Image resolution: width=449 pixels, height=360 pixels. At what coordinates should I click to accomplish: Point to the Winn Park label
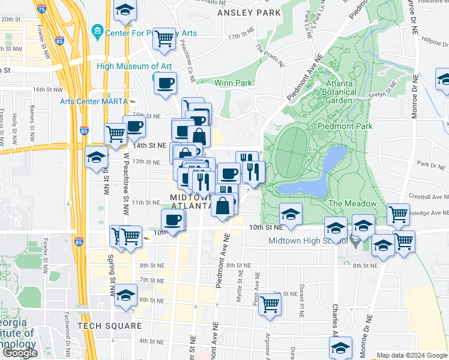click(215, 83)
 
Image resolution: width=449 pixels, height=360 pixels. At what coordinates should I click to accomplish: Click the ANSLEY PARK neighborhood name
click(249, 12)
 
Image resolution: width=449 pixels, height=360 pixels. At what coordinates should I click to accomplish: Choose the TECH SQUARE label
click(109, 326)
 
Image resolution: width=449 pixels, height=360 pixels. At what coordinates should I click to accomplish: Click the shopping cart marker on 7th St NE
click(271, 304)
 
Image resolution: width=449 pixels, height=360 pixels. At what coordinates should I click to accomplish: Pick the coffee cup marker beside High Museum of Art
click(165, 83)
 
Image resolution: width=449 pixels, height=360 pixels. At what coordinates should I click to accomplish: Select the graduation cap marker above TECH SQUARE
click(126, 295)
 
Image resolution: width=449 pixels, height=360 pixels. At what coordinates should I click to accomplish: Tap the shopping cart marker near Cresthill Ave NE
click(398, 213)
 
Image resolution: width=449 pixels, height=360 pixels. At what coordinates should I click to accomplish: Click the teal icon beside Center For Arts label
click(97, 31)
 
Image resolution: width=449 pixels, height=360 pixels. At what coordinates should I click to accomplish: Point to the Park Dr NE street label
click(431, 164)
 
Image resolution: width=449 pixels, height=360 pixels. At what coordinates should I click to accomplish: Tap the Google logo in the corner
click(20, 353)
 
